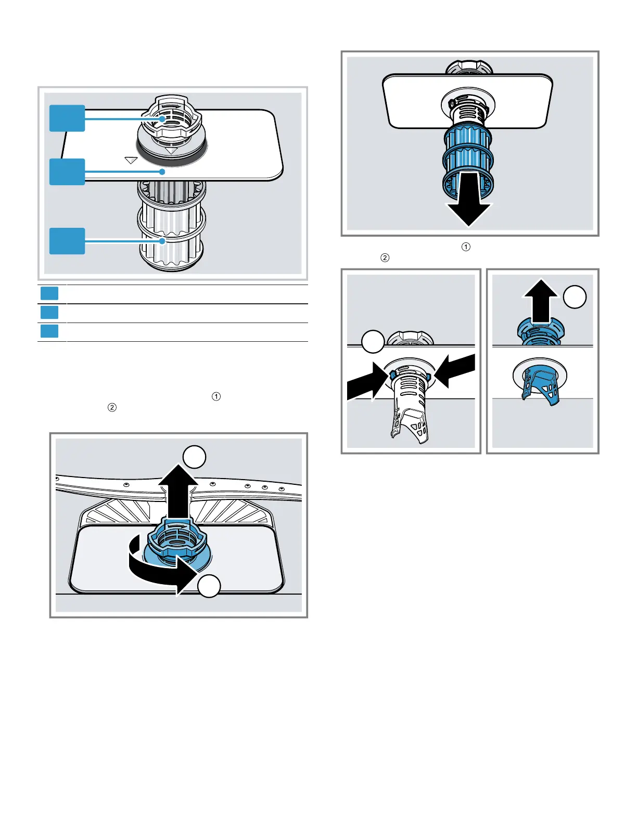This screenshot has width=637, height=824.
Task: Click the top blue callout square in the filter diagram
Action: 67,118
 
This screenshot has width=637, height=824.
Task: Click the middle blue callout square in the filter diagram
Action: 67,172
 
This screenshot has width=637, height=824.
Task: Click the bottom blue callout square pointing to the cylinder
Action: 67,241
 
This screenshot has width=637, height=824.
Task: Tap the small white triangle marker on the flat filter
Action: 131,160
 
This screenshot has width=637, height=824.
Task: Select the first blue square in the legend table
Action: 49,293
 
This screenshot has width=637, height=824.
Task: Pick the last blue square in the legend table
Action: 49,331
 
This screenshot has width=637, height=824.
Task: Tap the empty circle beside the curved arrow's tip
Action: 209,586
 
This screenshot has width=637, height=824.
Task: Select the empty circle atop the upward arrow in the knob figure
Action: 194,457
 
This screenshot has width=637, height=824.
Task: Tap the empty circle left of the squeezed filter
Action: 373,341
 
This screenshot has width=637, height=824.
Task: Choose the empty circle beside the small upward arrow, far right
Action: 575,298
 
